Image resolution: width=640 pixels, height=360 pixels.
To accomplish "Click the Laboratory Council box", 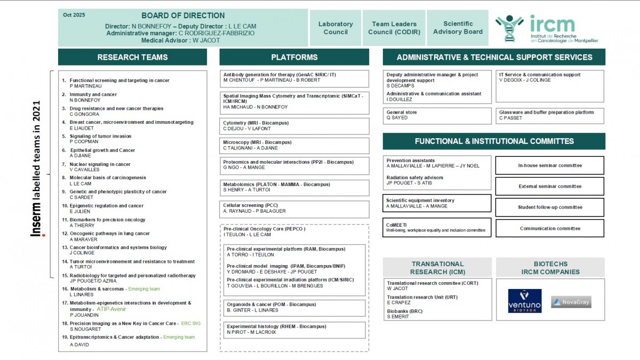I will (x=335, y=28).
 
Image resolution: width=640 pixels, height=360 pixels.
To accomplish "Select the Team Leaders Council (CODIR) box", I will (x=394, y=28).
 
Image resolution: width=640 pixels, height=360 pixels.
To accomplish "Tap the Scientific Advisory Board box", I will (x=458, y=28).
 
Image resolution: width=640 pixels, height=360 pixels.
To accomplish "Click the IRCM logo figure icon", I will (x=509, y=28).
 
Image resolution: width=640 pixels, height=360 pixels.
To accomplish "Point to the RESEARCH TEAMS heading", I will (x=132, y=57).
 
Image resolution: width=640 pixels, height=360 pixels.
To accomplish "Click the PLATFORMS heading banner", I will (x=294, y=57).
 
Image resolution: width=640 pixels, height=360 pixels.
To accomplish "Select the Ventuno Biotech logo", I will (x=524, y=301).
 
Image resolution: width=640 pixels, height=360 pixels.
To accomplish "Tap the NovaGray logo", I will (x=571, y=302).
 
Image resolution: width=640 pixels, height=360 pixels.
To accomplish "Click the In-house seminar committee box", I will (x=550, y=165).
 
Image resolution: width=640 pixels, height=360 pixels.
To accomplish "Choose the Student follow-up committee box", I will (x=550, y=207).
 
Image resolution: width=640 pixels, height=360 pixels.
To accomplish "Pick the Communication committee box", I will (x=550, y=228).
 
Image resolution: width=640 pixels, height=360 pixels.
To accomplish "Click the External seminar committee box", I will (x=550, y=186).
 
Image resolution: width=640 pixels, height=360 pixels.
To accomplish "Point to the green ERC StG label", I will (x=191, y=323).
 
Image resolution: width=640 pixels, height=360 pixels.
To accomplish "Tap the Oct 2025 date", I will (x=74, y=15).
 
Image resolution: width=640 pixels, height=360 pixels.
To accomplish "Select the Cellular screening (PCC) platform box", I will (x=294, y=209).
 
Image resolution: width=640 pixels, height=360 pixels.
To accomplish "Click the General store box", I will (x=437, y=115).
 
